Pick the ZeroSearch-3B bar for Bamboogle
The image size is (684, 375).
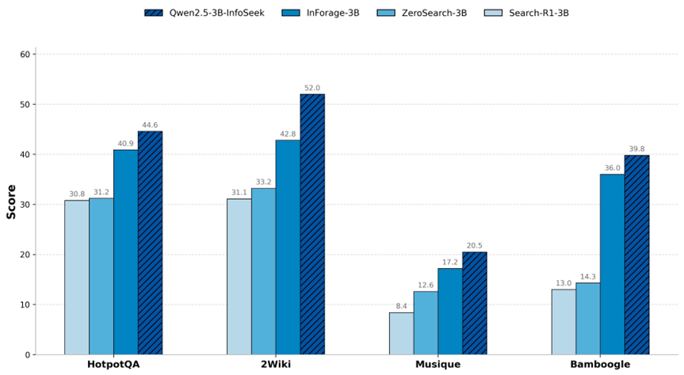click(587, 318)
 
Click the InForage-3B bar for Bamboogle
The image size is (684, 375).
click(612, 264)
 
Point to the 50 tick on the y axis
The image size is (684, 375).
click(25, 105)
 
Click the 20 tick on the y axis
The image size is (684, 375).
click(25, 254)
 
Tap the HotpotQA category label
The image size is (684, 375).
click(113, 365)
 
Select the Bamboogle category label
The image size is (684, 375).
click(600, 365)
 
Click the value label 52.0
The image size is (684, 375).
click(312, 88)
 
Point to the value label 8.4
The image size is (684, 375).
click(401, 306)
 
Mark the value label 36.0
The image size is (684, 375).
click(612, 168)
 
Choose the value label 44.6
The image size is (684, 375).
click(150, 125)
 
